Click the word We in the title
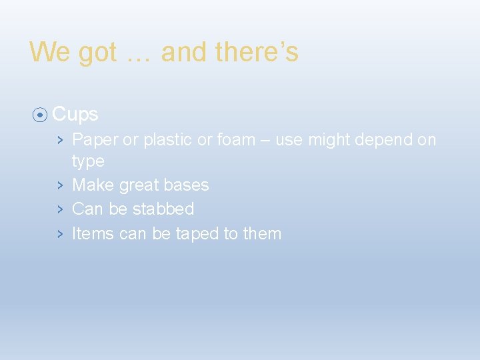(x=49, y=52)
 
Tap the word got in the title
(x=97, y=52)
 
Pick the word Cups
(x=75, y=115)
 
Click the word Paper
(x=95, y=140)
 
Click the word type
(x=88, y=161)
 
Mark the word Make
(x=93, y=185)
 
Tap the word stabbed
(x=163, y=209)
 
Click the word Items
(x=93, y=234)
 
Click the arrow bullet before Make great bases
(x=60, y=185)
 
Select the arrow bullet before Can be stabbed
(x=60, y=209)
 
